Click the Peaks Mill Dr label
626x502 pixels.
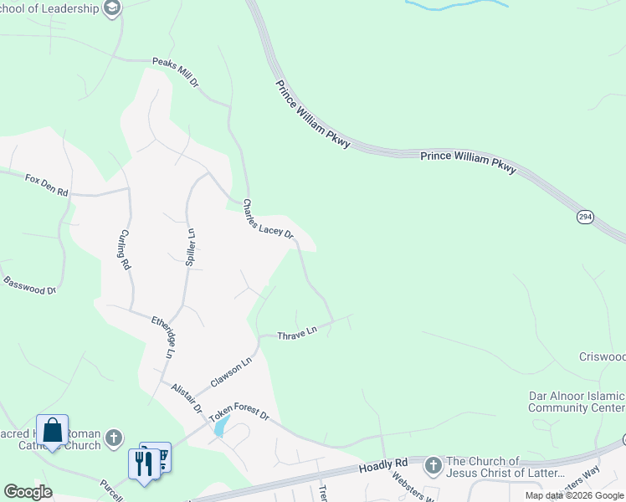point(176,73)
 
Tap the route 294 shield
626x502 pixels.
point(586,217)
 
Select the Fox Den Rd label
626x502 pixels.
point(46,185)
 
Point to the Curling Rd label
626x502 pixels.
point(126,249)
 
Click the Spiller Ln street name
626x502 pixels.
point(191,247)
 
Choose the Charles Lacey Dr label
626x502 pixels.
point(268,219)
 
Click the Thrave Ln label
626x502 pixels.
point(298,332)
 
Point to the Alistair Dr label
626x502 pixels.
point(186,398)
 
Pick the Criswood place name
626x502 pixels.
point(602,356)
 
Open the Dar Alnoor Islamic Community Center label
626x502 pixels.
point(577,402)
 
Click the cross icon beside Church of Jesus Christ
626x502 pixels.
point(434,464)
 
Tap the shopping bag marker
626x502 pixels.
point(52,431)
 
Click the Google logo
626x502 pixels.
point(28,492)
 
